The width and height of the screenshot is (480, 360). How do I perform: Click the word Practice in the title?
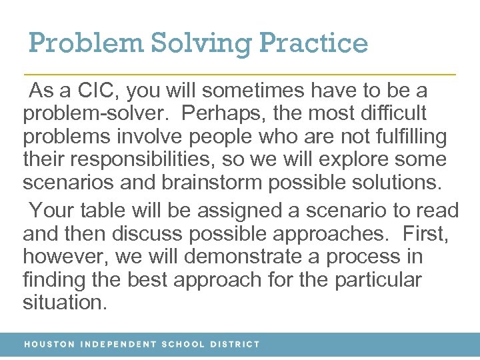313,43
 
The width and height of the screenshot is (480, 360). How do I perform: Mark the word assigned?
227,211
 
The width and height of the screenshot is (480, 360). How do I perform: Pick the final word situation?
64,303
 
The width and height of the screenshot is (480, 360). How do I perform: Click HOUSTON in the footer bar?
49,345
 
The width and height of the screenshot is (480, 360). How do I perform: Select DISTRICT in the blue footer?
235,345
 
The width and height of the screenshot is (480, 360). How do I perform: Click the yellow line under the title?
240,73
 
